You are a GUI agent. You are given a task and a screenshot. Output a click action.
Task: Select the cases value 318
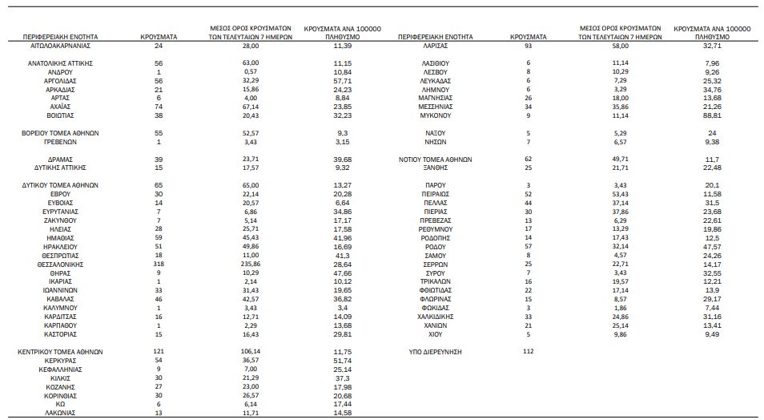(159, 264)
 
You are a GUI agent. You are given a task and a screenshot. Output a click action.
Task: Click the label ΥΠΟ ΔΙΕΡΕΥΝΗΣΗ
(436, 352)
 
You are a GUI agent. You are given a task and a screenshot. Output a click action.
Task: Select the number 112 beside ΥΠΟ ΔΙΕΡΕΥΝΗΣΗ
(527, 352)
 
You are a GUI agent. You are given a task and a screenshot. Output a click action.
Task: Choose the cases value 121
(159, 352)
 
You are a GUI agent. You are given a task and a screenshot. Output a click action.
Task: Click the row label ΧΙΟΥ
(436, 334)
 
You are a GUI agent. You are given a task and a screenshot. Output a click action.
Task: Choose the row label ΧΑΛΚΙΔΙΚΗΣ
(436, 317)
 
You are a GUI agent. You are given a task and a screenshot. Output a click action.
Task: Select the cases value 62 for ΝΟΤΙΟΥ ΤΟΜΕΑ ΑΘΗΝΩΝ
(527, 159)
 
